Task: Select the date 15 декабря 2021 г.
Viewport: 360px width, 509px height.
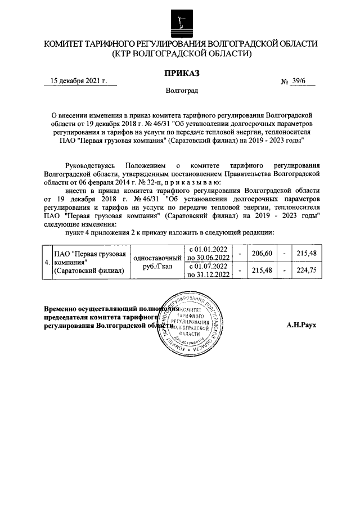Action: [x=79, y=81]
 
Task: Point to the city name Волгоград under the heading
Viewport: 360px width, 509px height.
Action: [x=181, y=91]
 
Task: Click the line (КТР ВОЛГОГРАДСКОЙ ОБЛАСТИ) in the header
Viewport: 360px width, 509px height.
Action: [x=181, y=54]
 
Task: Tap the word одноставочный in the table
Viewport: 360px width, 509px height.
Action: [x=157, y=258]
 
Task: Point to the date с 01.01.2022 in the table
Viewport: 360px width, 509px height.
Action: [x=208, y=250]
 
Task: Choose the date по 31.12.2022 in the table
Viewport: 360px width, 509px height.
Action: [x=208, y=274]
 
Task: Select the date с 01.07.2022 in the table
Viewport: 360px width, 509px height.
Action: [x=208, y=266]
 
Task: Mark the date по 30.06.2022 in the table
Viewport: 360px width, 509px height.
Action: [x=208, y=258]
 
